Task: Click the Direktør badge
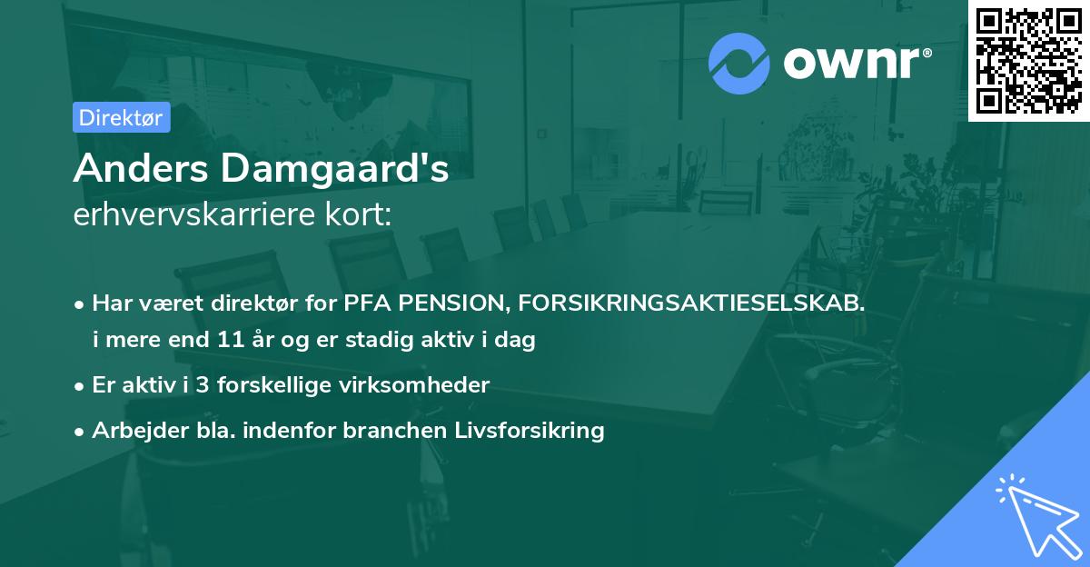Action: point(121,117)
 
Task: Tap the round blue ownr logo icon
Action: point(739,64)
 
